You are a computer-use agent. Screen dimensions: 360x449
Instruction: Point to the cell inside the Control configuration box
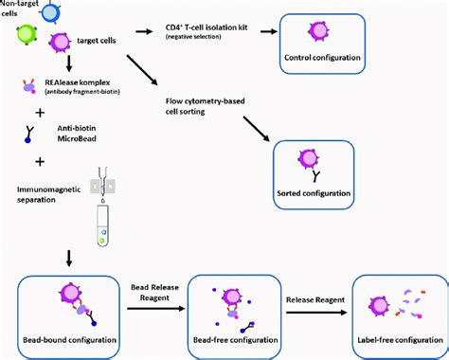tap(321, 30)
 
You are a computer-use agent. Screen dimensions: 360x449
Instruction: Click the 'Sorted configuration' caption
tap(313, 192)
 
